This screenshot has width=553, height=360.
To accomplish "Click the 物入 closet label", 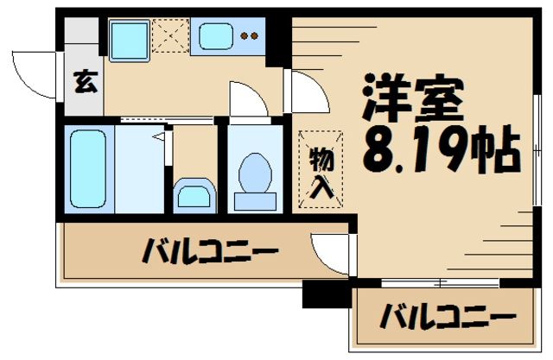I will (x=321, y=171).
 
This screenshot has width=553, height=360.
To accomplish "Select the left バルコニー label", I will (x=210, y=254).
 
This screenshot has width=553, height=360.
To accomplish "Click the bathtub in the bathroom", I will (x=87, y=168).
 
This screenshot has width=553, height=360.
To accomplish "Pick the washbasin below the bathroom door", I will (x=194, y=195).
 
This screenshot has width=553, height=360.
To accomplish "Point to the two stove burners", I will (x=250, y=36).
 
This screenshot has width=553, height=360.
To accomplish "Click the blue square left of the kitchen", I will (x=129, y=37).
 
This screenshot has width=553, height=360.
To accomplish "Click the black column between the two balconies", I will (x=317, y=296).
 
